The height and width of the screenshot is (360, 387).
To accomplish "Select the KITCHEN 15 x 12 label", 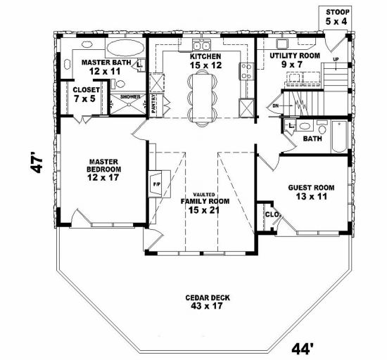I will point(205,60).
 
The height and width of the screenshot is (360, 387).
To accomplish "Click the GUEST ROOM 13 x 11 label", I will point(311,193).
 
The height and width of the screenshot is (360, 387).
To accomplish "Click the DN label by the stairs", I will point(275,107).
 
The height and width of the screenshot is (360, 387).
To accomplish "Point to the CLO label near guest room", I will point(269,214).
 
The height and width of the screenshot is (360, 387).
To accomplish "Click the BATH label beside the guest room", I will point(310,139).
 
